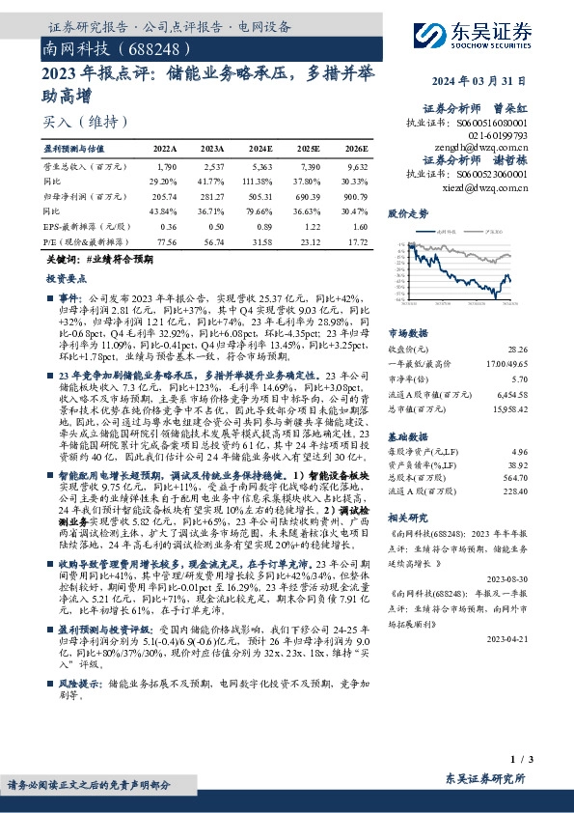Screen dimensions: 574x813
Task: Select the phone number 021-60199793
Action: tap(499, 136)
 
